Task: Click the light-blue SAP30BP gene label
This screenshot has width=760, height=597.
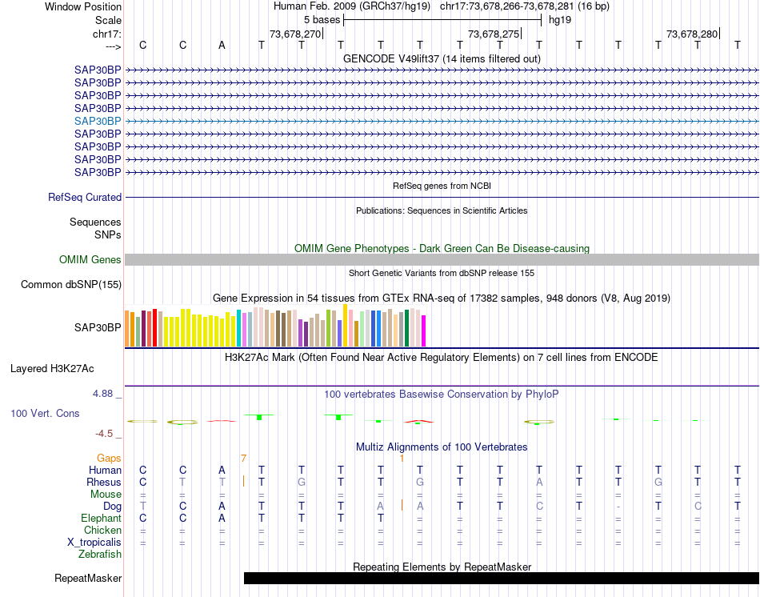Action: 98,121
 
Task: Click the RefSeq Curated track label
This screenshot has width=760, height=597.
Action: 85,198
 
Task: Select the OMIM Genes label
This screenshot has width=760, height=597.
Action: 90,260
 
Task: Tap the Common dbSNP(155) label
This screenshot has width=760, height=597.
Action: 71,285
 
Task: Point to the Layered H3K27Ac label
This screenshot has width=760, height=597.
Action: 52,370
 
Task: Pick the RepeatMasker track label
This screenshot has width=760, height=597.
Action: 88,579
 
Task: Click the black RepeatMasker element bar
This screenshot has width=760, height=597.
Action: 501,579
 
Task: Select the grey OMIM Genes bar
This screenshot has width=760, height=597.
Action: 442,260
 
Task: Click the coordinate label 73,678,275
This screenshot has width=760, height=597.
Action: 494,34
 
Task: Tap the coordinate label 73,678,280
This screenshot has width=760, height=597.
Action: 692,34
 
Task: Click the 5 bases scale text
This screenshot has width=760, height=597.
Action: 322,19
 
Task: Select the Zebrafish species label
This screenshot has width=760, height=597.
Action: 100,555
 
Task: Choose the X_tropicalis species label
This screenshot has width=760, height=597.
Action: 94,543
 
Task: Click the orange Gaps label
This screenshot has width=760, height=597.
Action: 110,458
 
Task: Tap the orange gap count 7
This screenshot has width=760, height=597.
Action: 243,458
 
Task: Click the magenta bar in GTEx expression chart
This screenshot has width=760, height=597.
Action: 424,331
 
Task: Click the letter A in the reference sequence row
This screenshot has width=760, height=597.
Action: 222,45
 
